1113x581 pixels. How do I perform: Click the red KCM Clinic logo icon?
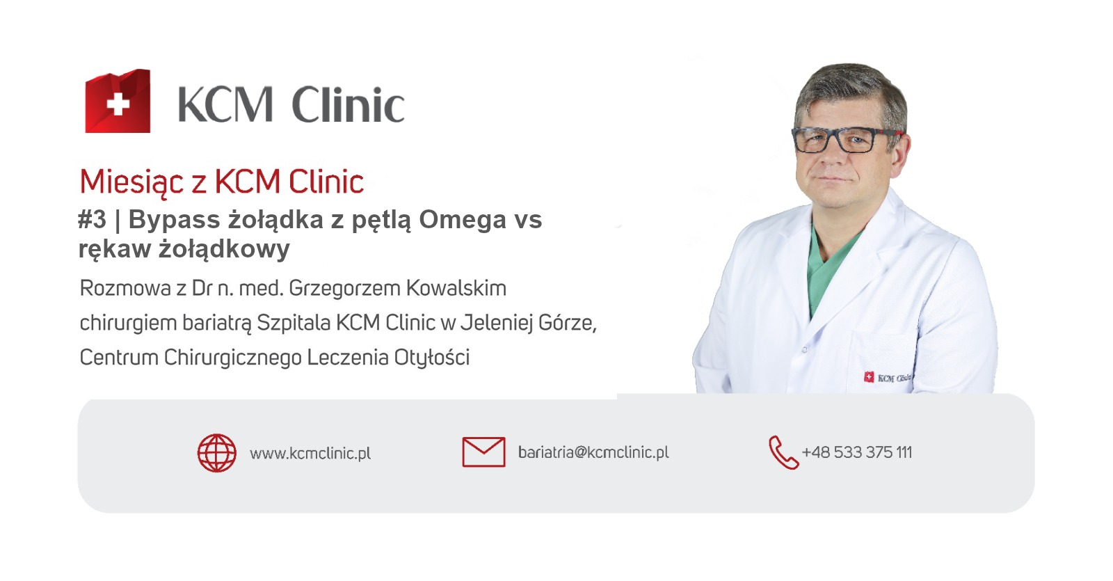point(118,101)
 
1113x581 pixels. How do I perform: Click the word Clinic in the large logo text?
point(348,104)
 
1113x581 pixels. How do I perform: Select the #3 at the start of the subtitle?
point(93,219)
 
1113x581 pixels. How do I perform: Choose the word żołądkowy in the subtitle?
point(224,249)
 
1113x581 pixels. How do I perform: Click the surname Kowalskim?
point(456,288)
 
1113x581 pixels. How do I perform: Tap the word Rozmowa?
point(125,288)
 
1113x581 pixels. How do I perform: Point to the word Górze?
point(568,324)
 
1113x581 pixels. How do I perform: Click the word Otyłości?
point(432,358)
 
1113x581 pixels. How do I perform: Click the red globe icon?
point(217,453)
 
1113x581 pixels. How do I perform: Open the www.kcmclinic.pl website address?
point(310,454)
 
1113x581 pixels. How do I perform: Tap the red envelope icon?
point(484,452)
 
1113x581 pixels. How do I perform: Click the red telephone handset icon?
point(783,453)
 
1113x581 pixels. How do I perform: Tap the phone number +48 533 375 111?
point(857,452)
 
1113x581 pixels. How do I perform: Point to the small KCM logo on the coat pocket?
point(887,378)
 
